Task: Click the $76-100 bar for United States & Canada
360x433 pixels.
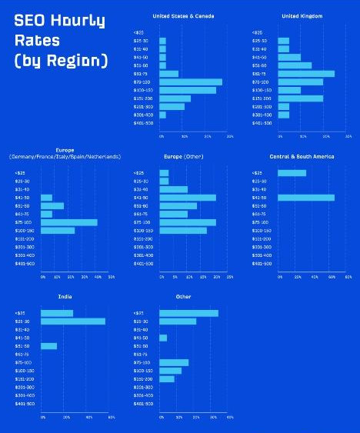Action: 191,82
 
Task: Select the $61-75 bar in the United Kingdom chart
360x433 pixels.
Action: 306,74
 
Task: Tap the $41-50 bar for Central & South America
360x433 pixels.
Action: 306,198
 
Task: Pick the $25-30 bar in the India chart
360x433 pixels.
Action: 73,321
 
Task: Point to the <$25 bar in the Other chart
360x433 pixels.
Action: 188,313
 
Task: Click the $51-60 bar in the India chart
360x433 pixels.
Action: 49,346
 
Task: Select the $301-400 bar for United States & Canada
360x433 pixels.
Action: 162,115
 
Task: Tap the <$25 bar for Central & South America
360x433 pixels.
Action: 292,173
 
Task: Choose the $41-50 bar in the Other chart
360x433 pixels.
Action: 163,338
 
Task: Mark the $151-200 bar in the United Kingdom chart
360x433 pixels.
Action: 301,98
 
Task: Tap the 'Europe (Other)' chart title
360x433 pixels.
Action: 182,157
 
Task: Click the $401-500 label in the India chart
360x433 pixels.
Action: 25,403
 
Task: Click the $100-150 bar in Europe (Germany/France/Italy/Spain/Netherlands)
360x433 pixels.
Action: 58,230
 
